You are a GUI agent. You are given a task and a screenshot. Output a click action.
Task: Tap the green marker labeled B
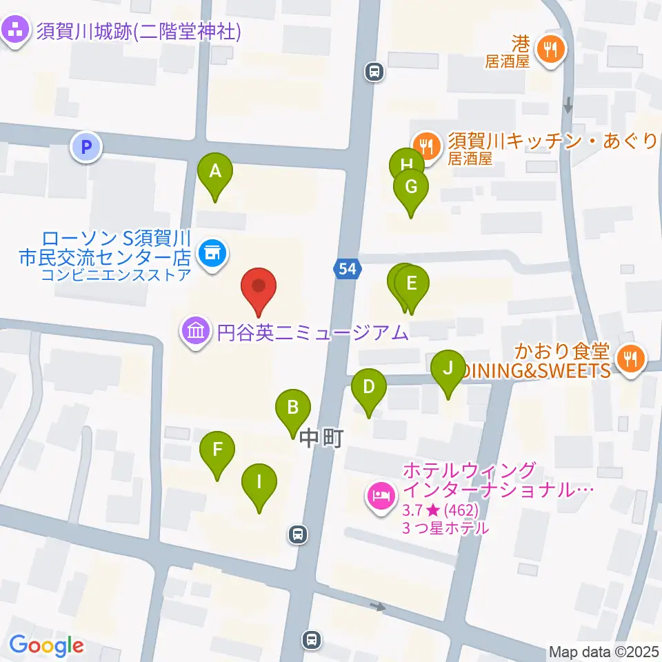pos(293,408)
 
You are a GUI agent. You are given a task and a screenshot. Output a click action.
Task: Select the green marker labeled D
pos(369,387)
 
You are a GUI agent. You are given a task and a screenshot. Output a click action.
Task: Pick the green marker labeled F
pos(217,450)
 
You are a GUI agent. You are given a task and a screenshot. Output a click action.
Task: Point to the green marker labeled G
pos(411,187)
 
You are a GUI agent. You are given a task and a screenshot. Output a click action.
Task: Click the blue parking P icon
pos(86,147)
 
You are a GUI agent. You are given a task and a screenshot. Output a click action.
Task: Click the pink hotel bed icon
pos(381,494)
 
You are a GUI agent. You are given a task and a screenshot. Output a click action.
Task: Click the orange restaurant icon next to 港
pos(550,48)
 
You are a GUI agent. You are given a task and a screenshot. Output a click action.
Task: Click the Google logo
pos(47,646)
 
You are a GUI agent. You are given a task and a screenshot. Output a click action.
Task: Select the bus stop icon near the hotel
pos(298,533)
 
